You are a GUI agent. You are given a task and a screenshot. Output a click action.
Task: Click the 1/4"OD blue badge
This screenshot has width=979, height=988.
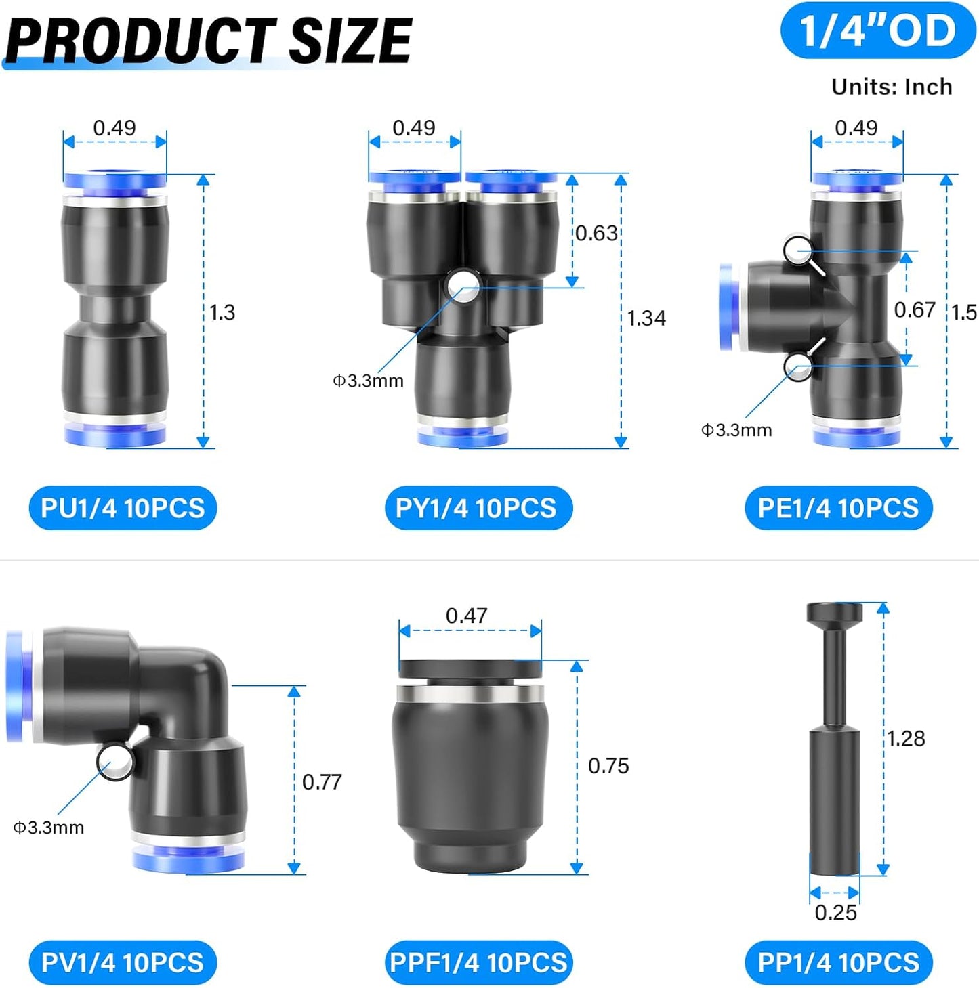(877, 31)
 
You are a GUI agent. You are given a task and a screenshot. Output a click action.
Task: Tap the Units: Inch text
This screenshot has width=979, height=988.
(892, 87)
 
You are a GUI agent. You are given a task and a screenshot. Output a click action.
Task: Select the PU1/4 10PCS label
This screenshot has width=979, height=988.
(123, 508)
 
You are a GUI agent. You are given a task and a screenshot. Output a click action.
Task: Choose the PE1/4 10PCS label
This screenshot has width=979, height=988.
(838, 508)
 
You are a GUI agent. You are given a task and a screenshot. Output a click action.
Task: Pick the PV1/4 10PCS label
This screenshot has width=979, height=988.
(123, 962)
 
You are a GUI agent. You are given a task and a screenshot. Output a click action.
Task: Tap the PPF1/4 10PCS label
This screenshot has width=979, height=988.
(478, 962)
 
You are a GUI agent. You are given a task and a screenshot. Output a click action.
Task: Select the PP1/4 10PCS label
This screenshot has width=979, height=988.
(838, 962)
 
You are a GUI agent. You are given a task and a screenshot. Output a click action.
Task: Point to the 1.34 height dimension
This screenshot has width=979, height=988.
(646, 318)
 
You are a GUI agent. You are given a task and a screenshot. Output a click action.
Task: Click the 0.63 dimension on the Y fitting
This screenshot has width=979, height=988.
(597, 234)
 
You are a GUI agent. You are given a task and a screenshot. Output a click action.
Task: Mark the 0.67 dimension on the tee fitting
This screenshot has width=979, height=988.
(915, 310)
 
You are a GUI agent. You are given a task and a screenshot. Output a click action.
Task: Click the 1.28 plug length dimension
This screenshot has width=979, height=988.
(907, 738)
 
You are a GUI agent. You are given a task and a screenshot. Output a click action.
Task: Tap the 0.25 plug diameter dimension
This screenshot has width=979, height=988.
(835, 913)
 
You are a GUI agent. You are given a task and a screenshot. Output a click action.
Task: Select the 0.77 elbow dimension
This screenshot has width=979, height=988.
(322, 782)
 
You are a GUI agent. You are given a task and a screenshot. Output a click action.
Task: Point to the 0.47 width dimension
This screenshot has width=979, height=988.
(466, 616)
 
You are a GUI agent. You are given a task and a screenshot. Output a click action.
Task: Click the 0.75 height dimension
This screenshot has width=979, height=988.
(608, 766)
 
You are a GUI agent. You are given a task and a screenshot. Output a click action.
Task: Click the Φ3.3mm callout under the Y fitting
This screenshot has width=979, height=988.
(368, 381)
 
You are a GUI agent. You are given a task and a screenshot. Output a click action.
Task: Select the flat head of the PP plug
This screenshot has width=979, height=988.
(835, 614)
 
